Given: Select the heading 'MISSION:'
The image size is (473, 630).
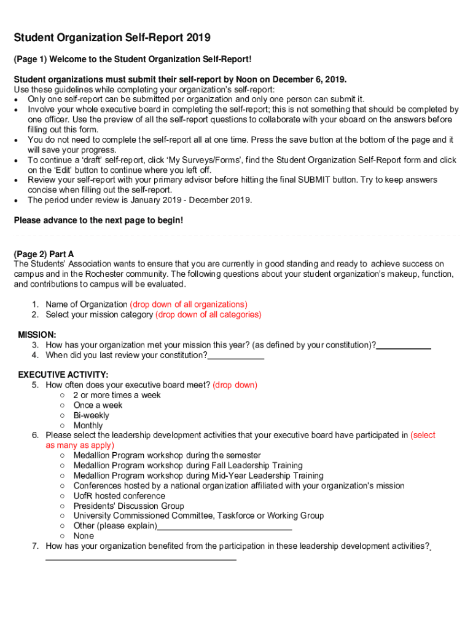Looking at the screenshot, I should pos(37,335).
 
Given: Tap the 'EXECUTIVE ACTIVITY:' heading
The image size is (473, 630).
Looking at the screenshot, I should pos(63,375).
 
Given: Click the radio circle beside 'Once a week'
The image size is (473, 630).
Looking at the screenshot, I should pos(63,405).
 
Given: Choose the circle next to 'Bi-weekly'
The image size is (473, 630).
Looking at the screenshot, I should pos(63,415).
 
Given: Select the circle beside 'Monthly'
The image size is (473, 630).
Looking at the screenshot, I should pos(63,426).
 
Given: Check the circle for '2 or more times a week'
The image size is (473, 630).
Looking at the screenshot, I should pos(63,395).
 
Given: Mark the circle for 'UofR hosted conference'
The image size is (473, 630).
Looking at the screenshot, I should pos(63,496).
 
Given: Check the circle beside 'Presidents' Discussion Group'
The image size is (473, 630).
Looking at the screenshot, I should pos(63,506).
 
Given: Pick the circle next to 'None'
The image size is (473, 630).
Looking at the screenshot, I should pos(63,536).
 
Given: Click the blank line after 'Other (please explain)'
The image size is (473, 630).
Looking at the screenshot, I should pos(224,528).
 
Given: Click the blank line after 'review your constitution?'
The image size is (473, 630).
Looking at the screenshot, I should pos(236,357).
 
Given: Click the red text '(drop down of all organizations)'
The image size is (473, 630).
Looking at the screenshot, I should pos(189,305).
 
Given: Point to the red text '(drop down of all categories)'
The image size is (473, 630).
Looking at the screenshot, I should pos(208,314).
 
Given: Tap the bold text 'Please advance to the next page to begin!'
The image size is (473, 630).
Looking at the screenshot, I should pos(98,220).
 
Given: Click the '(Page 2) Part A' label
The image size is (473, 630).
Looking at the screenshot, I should pos(44,253).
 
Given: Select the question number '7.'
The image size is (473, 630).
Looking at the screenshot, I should pos(36,546).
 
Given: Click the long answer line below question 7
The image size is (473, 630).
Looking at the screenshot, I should pos(141,559).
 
